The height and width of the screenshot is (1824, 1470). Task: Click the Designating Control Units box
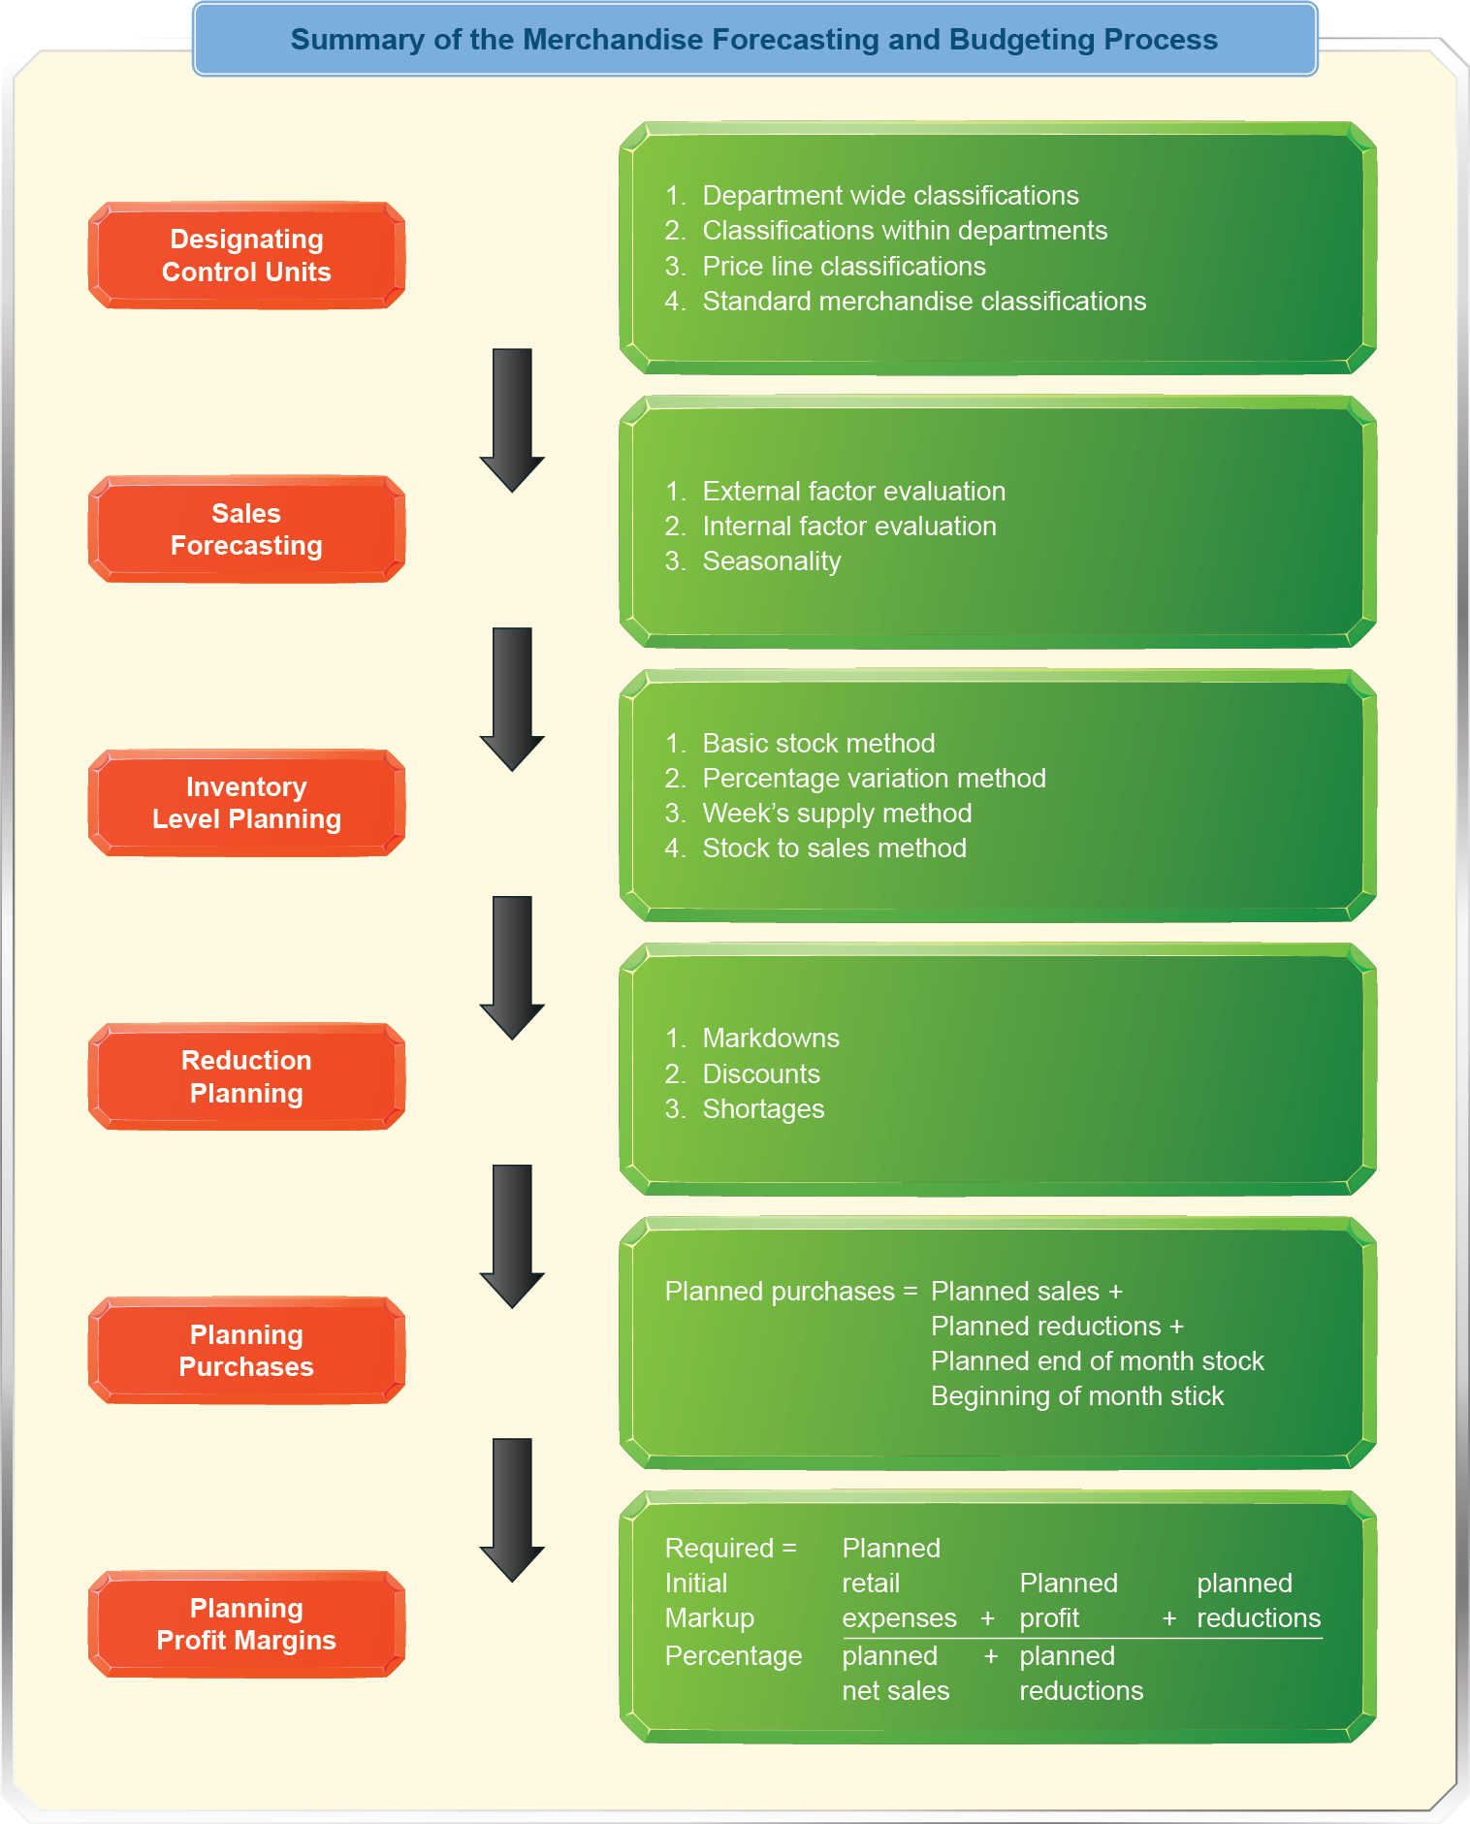pyautogui.click(x=246, y=256)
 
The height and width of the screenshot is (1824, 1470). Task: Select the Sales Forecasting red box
pyautogui.click(x=246, y=529)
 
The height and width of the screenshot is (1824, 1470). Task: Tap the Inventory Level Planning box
pyautogui.click(x=246, y=803)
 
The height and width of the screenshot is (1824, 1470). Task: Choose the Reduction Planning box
pyautogui.click(x=246, y=1076)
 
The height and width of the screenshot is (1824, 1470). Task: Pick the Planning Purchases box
pyautogui.click(x=246, y=1351)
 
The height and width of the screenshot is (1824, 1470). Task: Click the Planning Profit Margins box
pyautogui.click(x=246, y=1624)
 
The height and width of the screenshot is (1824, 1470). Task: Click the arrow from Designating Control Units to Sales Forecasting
pyautogui.click(x=512, y=419)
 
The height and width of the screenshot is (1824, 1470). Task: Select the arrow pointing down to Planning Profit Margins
pyautogui.click(x=512, y=1509)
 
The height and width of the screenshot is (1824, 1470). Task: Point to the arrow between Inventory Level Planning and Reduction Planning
pyautogui.click(x=512, y=967)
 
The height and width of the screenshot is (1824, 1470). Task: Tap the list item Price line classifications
pyautogui.click(x=844, y=267)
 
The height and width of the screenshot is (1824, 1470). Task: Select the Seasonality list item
pyautogui.click(x=771, y=561)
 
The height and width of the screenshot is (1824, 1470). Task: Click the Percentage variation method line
pyautogui.click(x=874, y=779)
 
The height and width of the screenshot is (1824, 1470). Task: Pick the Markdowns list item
pyautogui.click(x=771, y=1039)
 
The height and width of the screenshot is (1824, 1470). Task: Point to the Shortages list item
pyautogui.click(x=763, y=1109)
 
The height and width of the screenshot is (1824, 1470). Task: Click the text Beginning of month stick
pyautogui.click(x=1076, y=1396)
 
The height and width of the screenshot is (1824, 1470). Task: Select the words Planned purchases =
pyautogui.click(x=790, y=1292)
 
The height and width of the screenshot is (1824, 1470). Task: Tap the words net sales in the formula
pyautogui.click(x=895, y=1691)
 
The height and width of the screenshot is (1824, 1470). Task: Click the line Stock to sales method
pyautogui.click(x=834, y=848)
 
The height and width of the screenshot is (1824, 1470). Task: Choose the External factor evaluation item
pyautogui.click(x=853, y=492)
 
